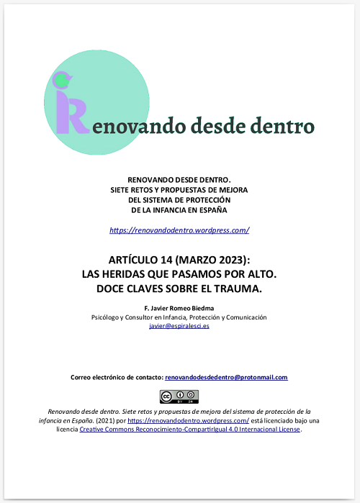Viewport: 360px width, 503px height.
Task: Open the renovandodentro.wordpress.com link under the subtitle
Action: click(179, 230)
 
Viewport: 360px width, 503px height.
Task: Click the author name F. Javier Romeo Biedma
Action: click(179, 308)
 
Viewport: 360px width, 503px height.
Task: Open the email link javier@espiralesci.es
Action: click(179, 325)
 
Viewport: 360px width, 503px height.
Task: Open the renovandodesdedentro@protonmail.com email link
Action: click(226, 377)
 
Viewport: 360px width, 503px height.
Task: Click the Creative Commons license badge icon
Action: click(179, 396)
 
